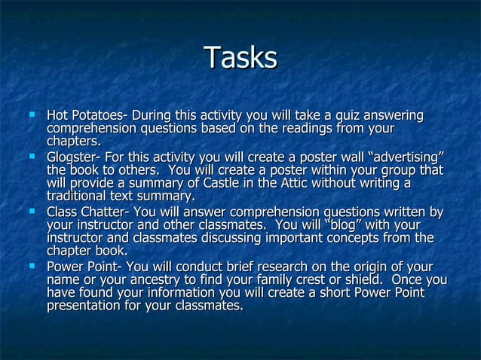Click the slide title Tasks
click(x=240, y=58)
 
